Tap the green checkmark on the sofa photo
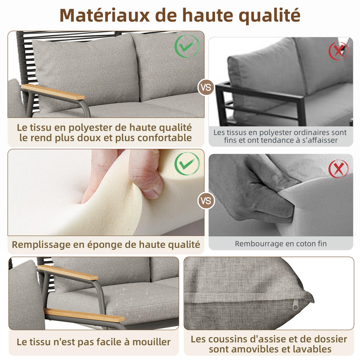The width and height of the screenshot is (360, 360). tap(187, 46)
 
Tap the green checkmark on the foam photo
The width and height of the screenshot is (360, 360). tap(187, 163)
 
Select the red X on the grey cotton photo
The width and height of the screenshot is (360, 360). tap(338, 169)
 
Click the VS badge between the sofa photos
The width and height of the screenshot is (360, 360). tap(206, 88)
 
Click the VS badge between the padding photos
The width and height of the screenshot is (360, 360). tap(206, 200)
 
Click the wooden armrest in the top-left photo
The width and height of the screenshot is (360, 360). tap(53, 92)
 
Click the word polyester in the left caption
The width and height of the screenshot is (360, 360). tap(90, 127)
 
